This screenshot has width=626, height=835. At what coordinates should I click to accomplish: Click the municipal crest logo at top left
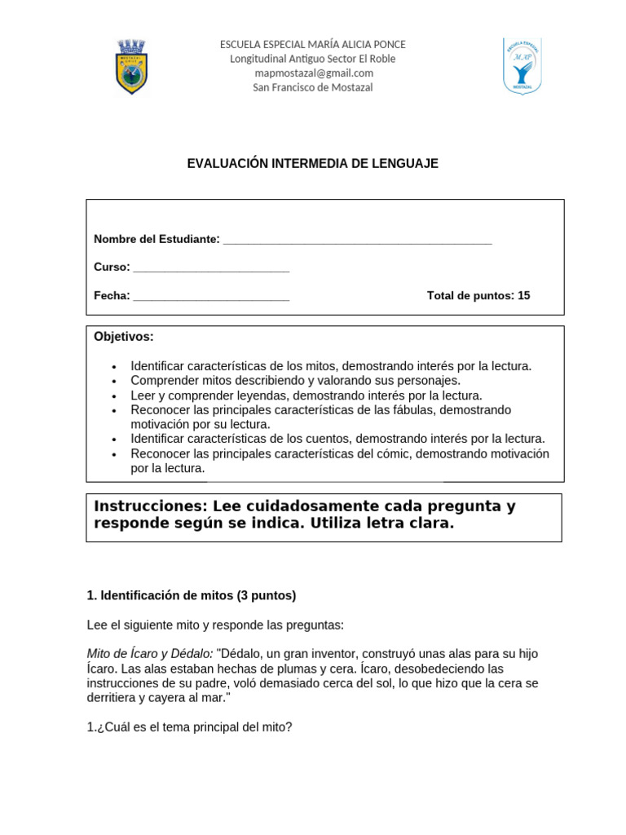click(x=131, y=67)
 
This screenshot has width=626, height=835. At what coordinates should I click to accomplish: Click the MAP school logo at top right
click(x=522, y=66)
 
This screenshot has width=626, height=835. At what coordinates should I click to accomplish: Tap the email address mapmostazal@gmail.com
click(x=313, y=73)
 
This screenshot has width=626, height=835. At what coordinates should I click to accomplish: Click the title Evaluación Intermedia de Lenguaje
click(x=313, y=164)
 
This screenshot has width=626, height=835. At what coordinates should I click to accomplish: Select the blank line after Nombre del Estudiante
click(x=357, y=240)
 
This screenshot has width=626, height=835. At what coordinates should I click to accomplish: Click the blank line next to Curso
click(x=211, y=268)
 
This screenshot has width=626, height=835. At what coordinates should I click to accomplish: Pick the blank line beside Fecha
click(x=211, y=297)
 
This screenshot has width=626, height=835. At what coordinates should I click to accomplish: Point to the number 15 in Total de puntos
click(x=523, y=296)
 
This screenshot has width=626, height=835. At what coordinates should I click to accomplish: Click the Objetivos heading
click(x=124, y=337)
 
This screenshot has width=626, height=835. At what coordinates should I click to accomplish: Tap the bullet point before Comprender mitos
click(x=114, y=382)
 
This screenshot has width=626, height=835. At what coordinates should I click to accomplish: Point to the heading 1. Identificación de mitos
click(x=192, y=596)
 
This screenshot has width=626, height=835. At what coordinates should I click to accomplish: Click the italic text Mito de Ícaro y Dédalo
click(x=150, y=654)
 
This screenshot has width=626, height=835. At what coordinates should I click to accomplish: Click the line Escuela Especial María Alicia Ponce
click(x=313, y=44)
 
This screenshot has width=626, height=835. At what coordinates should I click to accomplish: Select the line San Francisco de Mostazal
click(x=313, y=88)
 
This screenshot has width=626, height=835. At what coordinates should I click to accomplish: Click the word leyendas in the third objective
click(x=250, y=395)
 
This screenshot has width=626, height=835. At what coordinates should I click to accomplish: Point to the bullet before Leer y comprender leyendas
click(x=114, y=396)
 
